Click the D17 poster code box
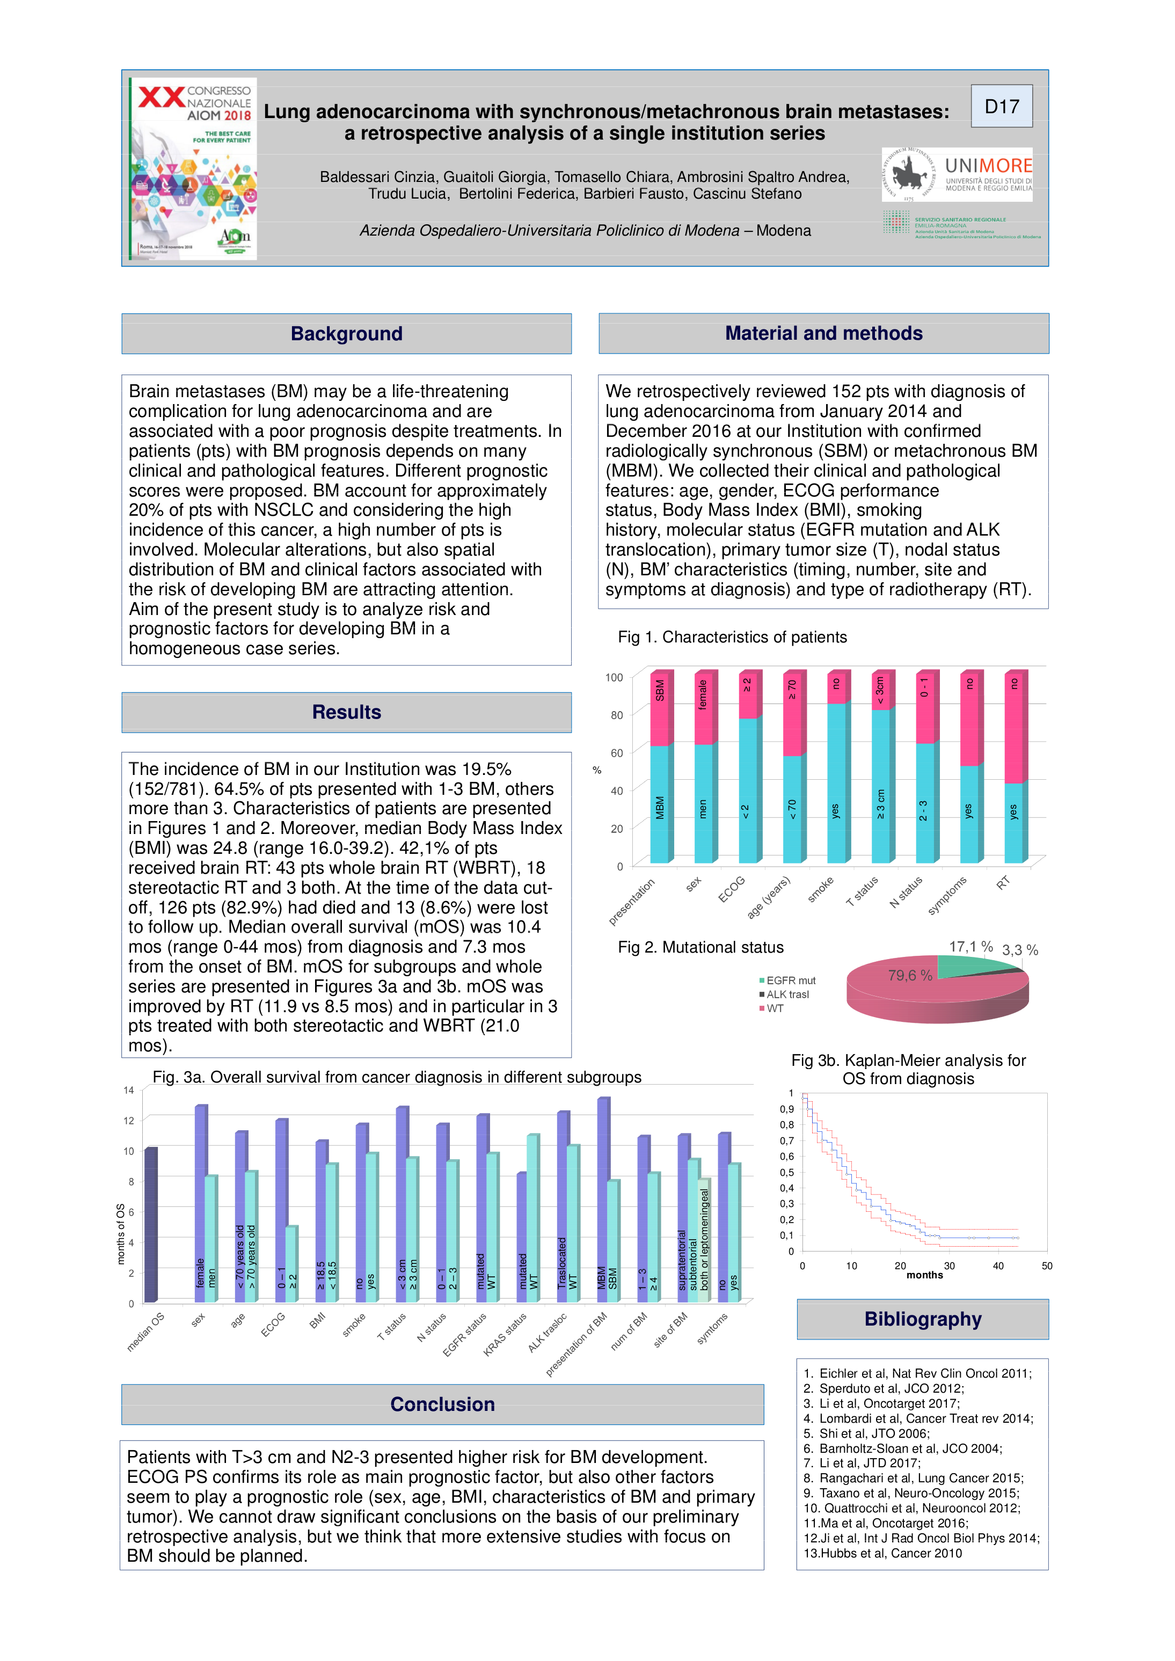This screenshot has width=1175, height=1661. coord(1002,106)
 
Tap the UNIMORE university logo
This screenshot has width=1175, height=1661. coord(957,174)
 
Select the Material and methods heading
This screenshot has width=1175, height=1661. coord(823,333)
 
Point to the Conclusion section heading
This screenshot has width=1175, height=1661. coord(442,1404)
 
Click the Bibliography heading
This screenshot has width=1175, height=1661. coord(923,1319)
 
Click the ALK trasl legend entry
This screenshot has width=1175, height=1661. coord(786,994)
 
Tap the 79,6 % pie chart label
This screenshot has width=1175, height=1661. coord(909,975)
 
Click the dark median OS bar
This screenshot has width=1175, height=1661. coord(151,1224)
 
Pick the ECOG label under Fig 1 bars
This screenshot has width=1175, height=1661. coord(732,889)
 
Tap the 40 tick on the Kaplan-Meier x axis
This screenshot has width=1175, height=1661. coord(998,1265)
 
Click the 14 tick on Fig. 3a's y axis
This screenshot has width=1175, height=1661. coord(129,1090)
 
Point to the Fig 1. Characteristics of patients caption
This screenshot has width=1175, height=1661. coord(732,636)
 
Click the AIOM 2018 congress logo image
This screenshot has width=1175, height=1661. coord(194,168)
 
